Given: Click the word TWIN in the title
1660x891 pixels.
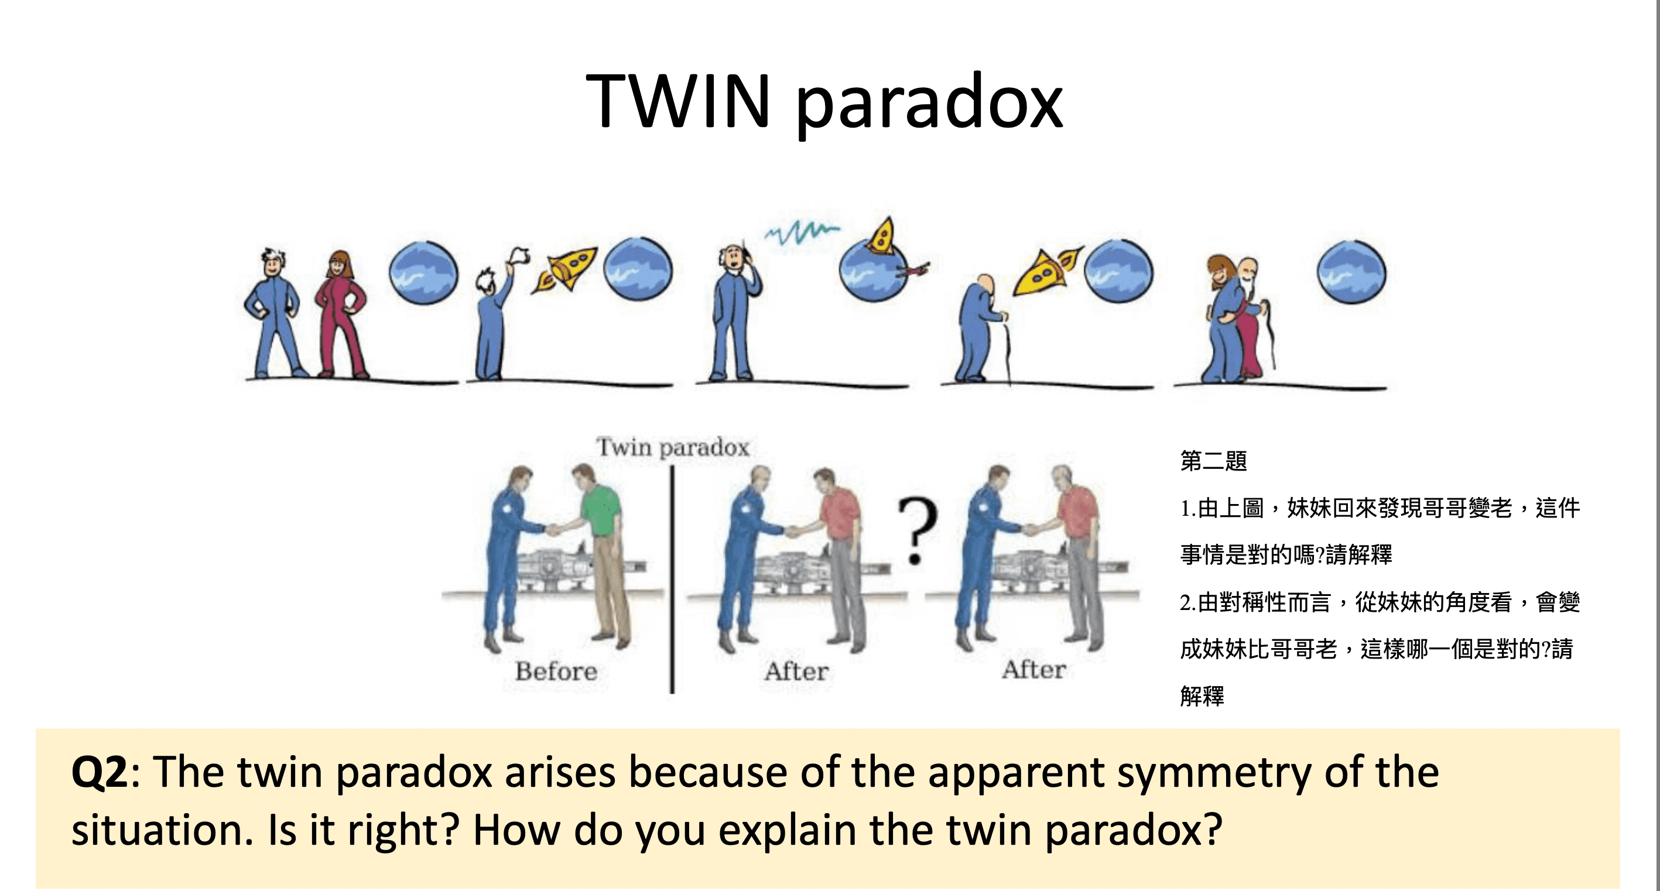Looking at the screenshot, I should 678,102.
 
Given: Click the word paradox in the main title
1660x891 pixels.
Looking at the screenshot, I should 929,103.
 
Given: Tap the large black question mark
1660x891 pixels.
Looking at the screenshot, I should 917,530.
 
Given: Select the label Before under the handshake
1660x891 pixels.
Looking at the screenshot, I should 556,671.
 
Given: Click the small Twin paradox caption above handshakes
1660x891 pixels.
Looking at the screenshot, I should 673,447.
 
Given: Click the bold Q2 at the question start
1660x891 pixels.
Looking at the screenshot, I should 100,772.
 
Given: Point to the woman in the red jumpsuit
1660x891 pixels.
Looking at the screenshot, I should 340,313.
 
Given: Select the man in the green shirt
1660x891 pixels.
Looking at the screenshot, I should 601,554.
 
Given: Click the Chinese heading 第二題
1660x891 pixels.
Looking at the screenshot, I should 1213,461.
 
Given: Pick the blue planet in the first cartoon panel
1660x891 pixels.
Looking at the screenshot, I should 423,272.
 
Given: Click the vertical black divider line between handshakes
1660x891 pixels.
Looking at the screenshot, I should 672,580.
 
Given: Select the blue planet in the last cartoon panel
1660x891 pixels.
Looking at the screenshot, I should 1351,272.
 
